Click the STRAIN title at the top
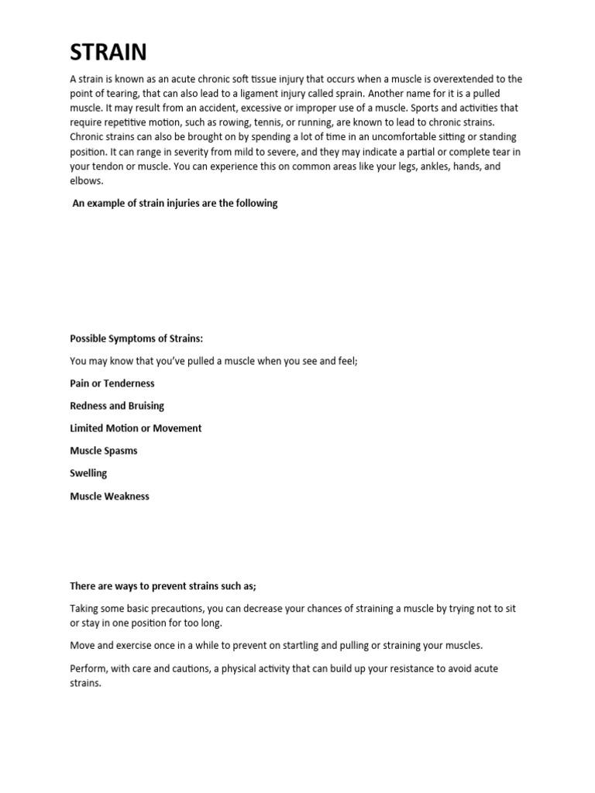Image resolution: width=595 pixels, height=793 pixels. pyautogui.click(x=108, y=53)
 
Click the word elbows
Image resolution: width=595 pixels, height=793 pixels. pyautogui.click(x=86, y=180)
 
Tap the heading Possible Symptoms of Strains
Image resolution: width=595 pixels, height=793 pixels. pyautogui.click(x=136, y=338)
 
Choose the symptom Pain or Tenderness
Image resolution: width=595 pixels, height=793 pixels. pyautogui.click(x=112, y=383)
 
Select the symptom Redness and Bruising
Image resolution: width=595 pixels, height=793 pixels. pyautogui.click(x=117, y=406)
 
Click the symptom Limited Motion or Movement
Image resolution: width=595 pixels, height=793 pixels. pyautogui.click(x=136, y=428)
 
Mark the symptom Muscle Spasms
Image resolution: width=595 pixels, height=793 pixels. pyautogui.click(x=104, y=451)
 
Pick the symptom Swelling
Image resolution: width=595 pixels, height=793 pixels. pyautogui.click(x=88, y=473)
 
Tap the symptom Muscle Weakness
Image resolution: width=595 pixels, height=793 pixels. pyautogui.click(x=109, y=496)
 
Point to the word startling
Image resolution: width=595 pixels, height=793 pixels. pyautogui.click(x=282, y=645)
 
